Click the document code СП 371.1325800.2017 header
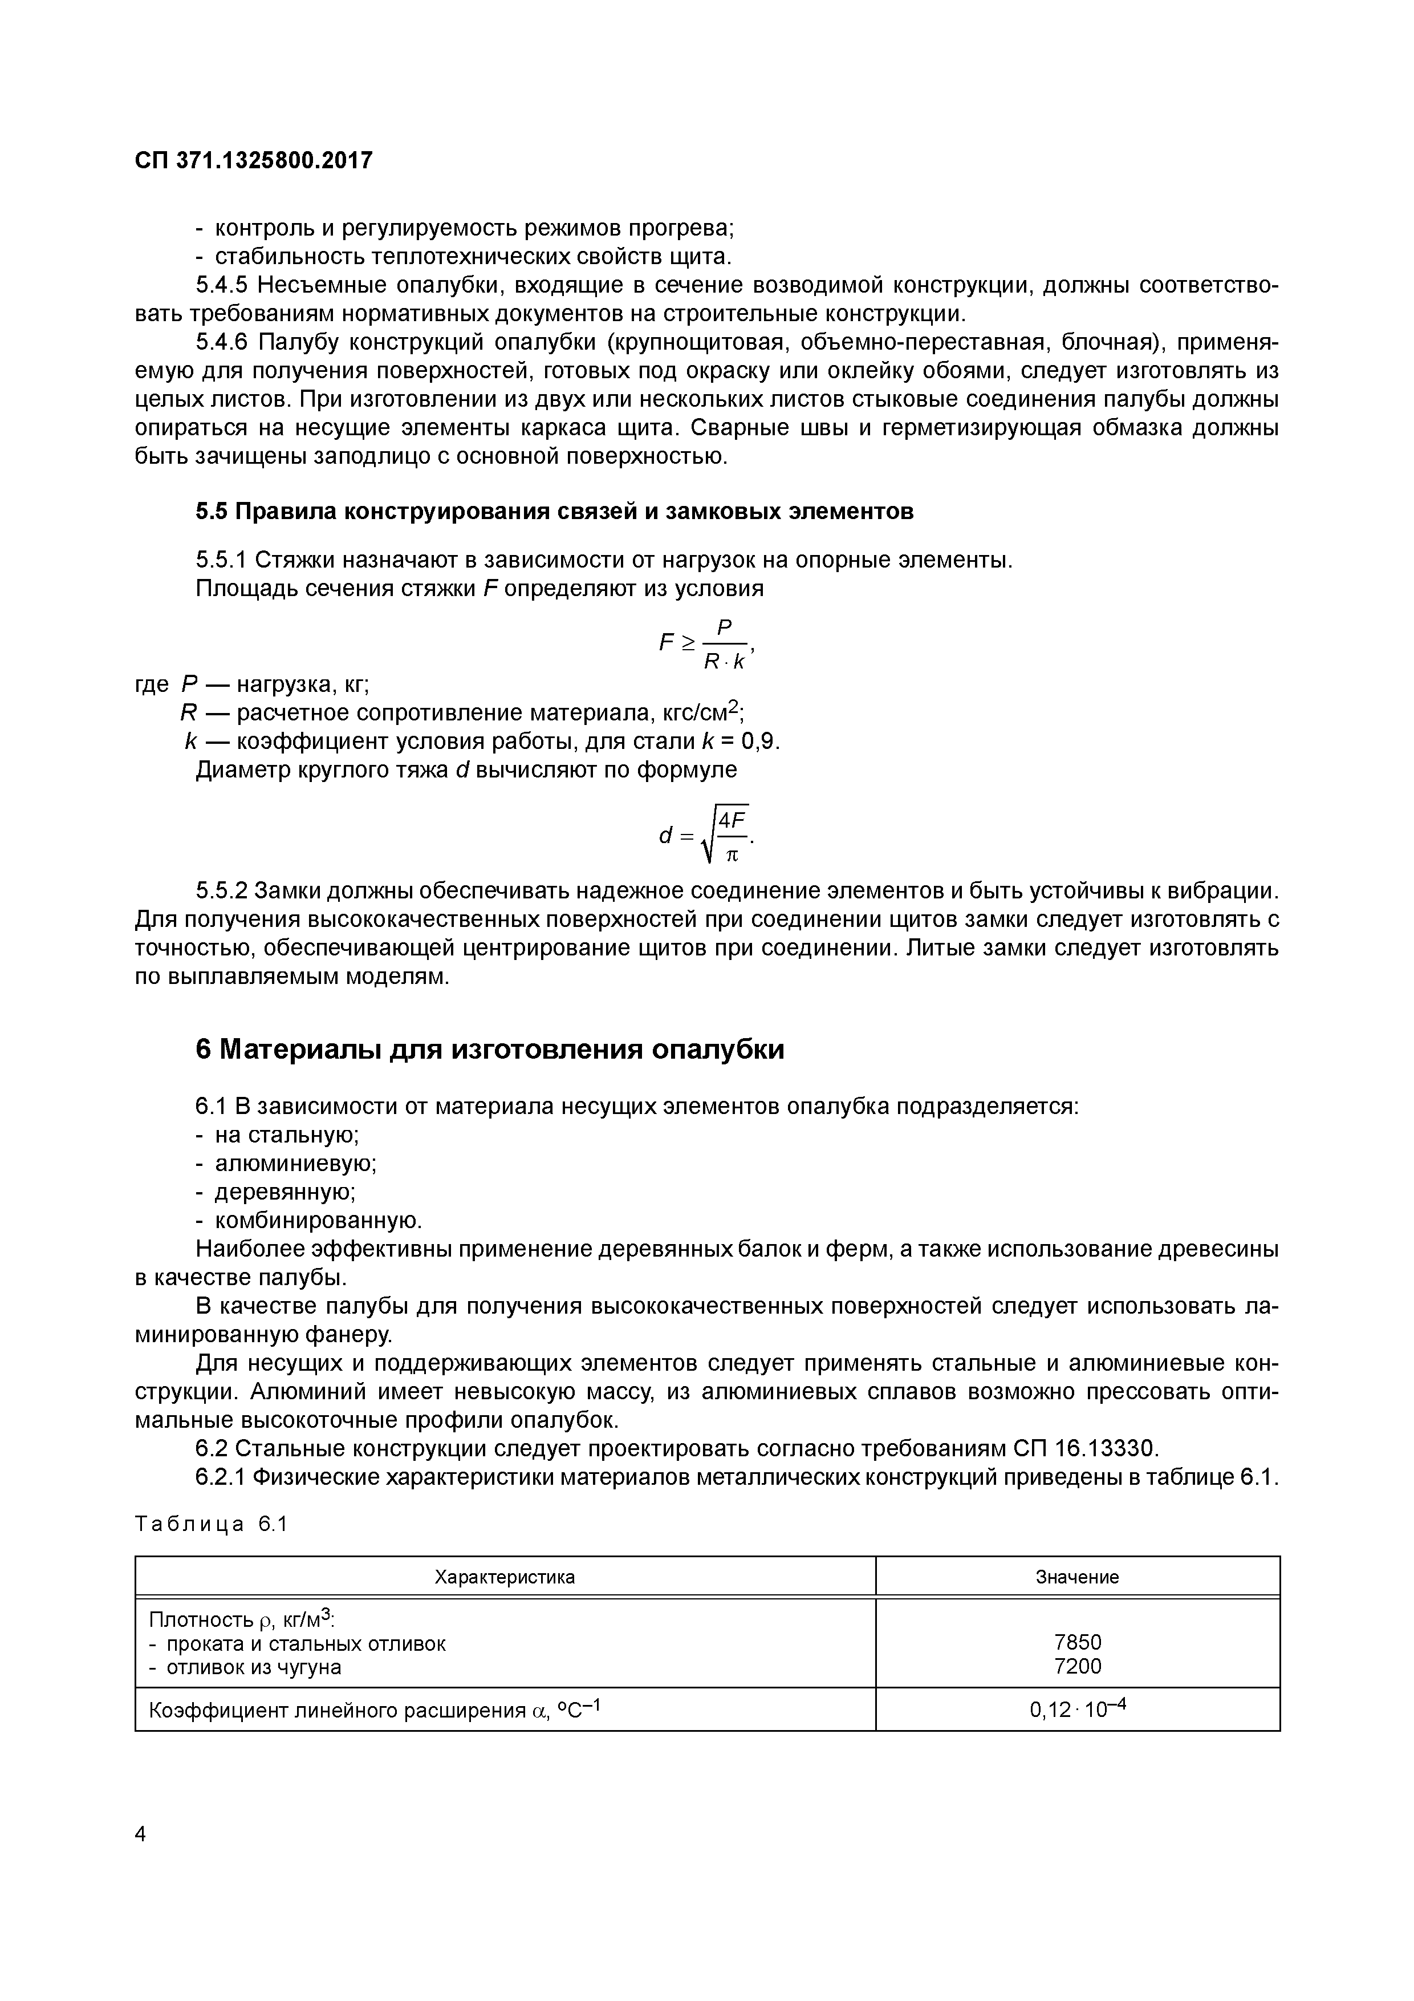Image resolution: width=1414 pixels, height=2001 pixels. [254, 160]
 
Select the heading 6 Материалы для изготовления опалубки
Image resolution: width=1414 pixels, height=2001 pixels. [490, 1050]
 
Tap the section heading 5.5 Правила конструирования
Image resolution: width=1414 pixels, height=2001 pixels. [554, 512]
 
